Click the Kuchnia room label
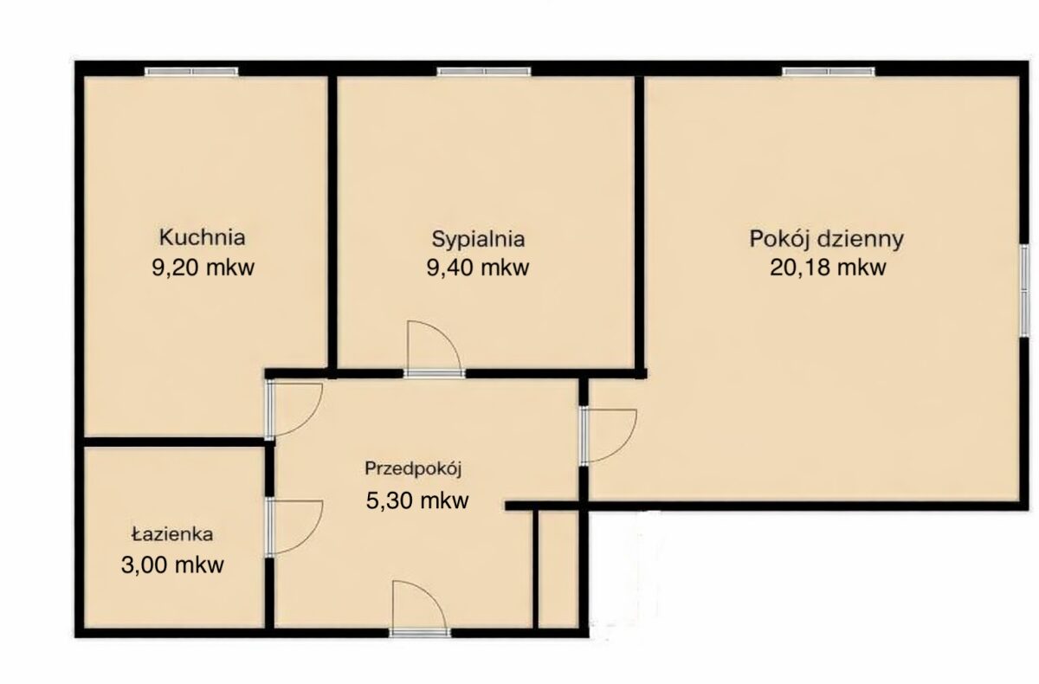203,237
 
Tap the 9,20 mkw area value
203,268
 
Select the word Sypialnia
478,240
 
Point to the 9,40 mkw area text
478,268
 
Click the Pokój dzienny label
827,239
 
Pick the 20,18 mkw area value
828,268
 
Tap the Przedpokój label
413,468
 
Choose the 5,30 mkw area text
417,500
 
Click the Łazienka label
172,534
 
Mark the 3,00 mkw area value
172,565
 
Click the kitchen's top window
191,71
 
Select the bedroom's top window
484,71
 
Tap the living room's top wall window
829,71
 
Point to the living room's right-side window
1024,290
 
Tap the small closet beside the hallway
558,570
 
